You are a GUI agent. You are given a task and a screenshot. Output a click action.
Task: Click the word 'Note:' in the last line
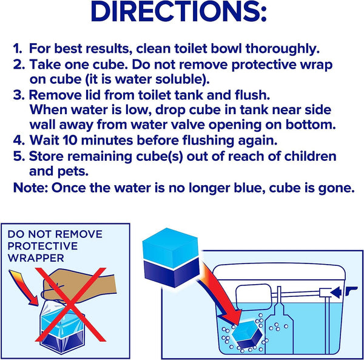[x=31, y=188]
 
